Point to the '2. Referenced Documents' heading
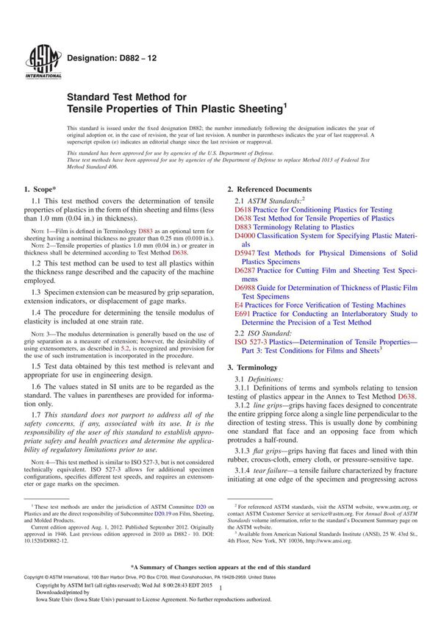269,190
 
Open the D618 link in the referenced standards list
243,210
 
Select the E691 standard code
243,313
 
